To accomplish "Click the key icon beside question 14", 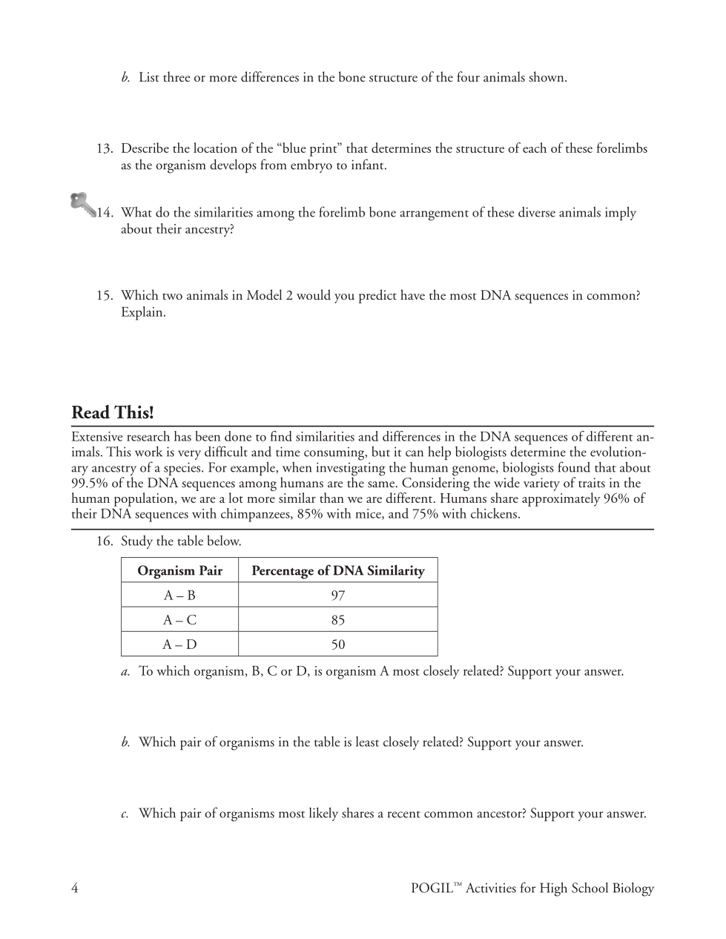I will pos(83,204).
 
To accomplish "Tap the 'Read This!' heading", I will pos(113,412).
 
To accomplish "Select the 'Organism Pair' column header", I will pos(179,570).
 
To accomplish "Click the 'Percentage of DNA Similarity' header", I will pos(338,570).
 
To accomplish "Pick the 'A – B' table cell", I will pos(179,595).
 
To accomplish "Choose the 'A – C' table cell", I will pos(179,619).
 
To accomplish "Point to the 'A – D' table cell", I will pos(179,644).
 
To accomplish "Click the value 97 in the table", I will pos(338,595).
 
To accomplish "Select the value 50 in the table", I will pos(338,644).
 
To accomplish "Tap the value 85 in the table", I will pos(338,619).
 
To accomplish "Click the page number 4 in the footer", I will pos(75,888).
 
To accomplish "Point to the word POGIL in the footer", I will pos(432,889).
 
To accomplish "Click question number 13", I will pos(104,148).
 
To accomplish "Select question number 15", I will pos(104,295).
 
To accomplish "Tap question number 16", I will pos(104,541).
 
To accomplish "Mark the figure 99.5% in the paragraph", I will pos(89,483).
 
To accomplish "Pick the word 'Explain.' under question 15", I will pos(143,312).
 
